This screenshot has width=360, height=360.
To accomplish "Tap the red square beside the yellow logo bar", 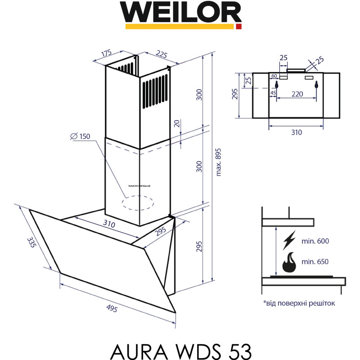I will pyautogui.click(x=238, y=27).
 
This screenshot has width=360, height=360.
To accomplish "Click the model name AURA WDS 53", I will pyautogui.click(x=180, y=349).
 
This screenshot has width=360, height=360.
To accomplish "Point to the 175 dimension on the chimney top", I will pyautogui.click(x=106, y=53).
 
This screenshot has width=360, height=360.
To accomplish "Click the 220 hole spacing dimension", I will pyautogui.click(x=297, y=94).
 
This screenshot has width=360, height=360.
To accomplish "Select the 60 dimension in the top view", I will pyautogui.click(x=274, y=76).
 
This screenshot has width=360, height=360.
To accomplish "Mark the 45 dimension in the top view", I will pyautogui.click(x=273, y=93).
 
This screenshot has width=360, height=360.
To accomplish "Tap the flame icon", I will pyautogui.click(x=289, y=262).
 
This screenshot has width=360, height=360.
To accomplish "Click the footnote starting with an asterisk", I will pyautogui.click(x=299, y=303).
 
